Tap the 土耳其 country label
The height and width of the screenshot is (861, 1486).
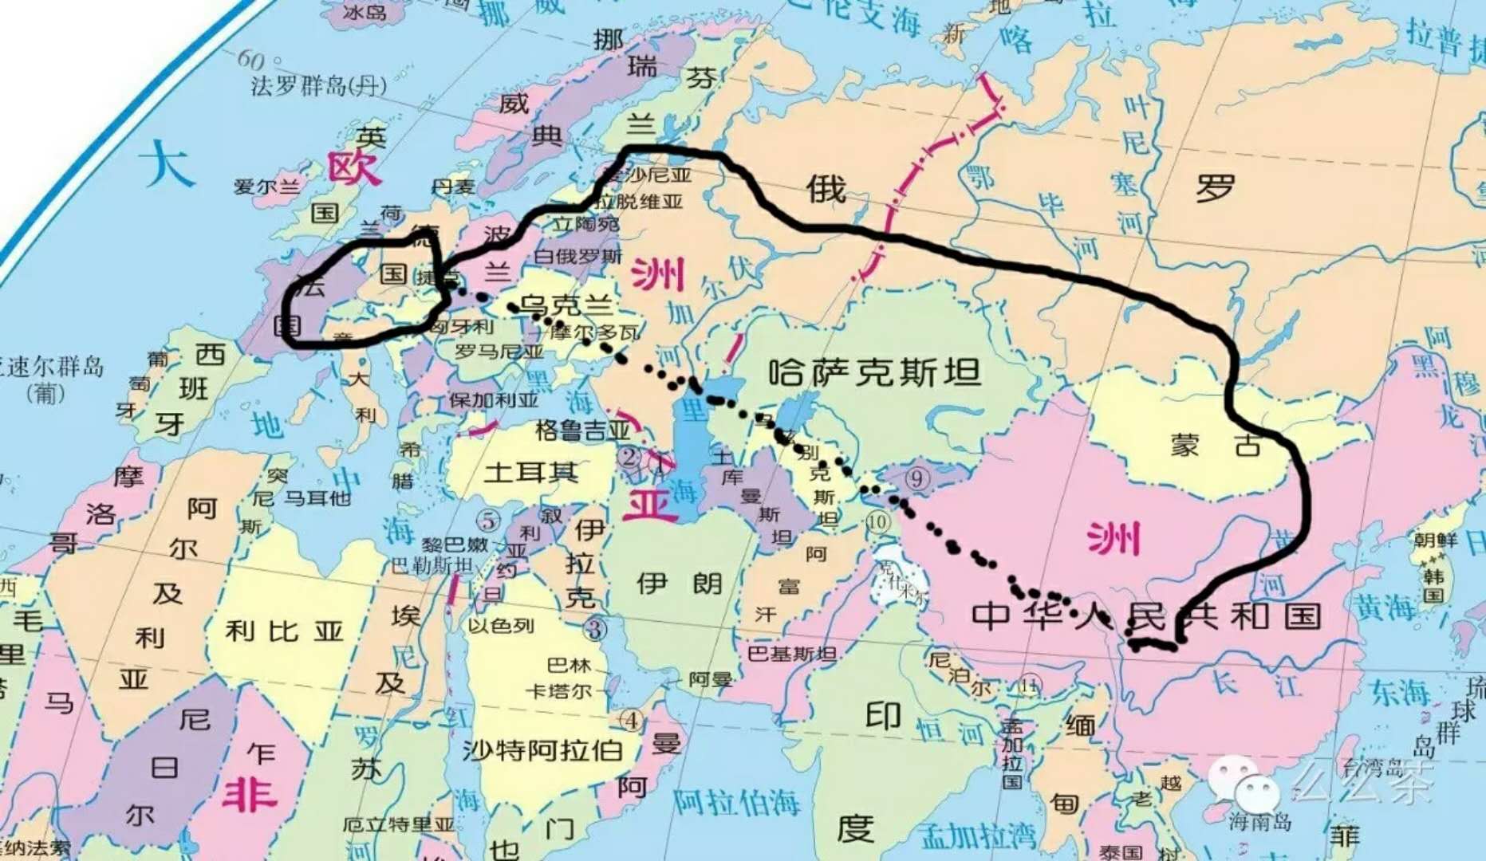(530, 472)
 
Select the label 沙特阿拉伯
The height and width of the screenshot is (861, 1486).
(542, 749)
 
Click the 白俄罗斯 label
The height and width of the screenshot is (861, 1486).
(577, 256)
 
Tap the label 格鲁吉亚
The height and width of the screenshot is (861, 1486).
(583, 431)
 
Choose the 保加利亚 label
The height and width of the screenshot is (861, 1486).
(494, 399)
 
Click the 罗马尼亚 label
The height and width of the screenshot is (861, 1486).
(499, 351)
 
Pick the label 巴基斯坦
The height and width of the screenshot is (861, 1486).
(791, 654)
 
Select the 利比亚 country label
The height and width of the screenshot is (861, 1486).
(284, 631)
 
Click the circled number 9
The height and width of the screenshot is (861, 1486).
(917, 478)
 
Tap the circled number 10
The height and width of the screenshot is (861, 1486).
(877, 522)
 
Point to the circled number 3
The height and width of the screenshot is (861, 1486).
(595, 629)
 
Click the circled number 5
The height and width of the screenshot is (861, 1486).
(488, 521)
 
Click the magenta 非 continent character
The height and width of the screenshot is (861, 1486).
(249, 795)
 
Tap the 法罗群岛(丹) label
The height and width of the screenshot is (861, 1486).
(318, 85)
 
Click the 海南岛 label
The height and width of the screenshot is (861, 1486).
(1259, 820)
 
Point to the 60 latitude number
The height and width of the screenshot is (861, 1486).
(250, 58)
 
